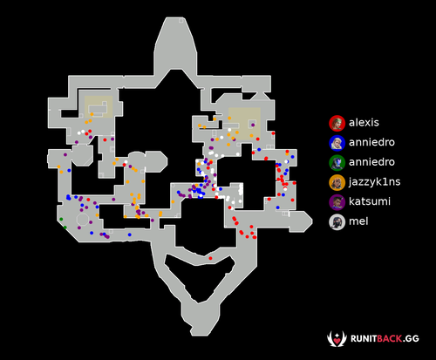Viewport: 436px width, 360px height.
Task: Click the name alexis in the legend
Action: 364,123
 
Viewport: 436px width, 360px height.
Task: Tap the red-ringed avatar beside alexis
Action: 337,123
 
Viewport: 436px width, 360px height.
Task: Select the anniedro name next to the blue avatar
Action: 371,142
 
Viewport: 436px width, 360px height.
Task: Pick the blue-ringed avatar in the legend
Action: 337,143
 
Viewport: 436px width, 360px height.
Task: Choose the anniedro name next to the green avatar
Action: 371,162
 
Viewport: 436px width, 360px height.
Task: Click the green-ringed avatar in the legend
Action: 337,163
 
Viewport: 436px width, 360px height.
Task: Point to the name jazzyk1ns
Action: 375,182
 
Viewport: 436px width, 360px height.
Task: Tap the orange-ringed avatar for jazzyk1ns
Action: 337,182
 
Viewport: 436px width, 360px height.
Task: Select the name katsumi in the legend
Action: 370,201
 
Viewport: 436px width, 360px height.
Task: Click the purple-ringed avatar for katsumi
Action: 337,202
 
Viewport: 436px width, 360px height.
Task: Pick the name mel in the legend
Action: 358,221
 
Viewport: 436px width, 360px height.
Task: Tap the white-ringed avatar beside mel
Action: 337,222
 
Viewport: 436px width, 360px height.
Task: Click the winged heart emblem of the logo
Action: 337,339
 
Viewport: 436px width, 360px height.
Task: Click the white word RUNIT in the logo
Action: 364,339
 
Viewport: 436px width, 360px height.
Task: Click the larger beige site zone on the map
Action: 244,124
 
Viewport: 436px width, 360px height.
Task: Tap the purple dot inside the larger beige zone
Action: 253,125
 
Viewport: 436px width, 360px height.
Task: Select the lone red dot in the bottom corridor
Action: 210,258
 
